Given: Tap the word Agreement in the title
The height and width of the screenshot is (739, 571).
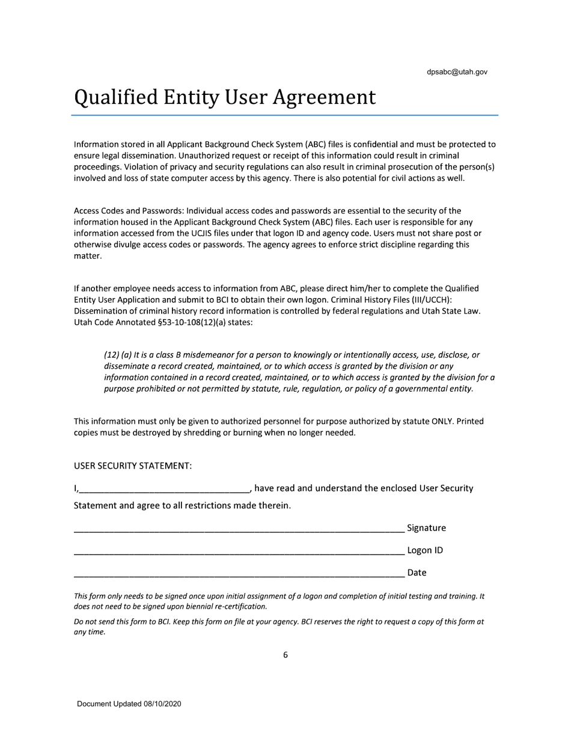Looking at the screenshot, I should (x=325, y=97).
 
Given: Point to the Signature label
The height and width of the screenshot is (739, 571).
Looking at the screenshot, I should (x=426, y=528).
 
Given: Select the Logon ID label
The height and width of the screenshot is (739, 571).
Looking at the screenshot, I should (x=425, y=550).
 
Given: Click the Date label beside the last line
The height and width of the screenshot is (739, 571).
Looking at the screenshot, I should (x=417, y=573).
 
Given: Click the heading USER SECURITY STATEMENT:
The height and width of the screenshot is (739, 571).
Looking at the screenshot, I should (x=132, y=466).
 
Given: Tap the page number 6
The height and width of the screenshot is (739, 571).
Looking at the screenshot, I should (x=285, y=655).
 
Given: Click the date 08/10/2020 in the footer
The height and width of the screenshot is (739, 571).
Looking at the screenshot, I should (x=162, y=704).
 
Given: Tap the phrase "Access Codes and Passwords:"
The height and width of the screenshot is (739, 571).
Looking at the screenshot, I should (x=129, y=210).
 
